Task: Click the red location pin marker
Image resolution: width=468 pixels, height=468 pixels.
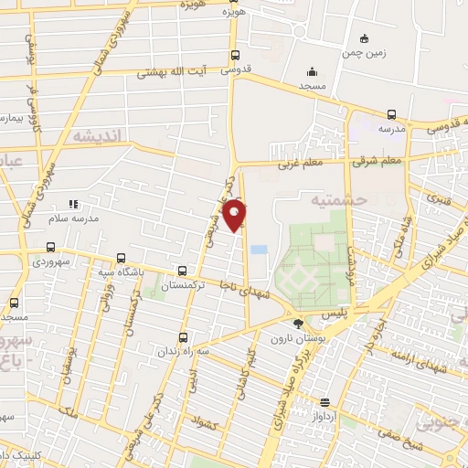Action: [x=236, y=216]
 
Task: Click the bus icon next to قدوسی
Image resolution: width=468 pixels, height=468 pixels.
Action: [x=236, y=55]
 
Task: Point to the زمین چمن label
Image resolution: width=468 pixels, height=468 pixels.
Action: [x=389, y=53]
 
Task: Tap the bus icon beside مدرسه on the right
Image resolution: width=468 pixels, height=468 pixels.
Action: [x=391, y=115]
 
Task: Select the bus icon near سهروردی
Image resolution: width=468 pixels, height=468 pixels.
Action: [x=50, y=247]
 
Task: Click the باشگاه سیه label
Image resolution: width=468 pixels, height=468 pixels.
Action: [x=120, y=271]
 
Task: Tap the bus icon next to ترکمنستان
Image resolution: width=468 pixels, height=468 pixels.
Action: [x=183, y=271]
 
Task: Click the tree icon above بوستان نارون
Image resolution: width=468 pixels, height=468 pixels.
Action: [x=297, y=323]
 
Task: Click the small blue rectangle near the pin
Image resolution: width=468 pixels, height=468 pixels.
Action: [x=259, y=249]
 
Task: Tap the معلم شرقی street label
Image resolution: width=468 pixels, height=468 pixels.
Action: [x=379, y=162]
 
